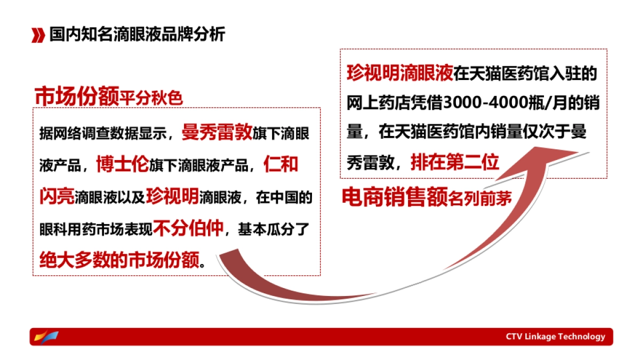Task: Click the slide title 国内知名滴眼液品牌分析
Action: [137, 35]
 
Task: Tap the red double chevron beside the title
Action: [38, 35]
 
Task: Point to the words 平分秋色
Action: [151, 99]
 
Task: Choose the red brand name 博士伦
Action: [122, 164]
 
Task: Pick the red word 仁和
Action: [281, 164]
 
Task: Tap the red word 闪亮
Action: [57, 196]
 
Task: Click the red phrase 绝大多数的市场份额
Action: [119, 260]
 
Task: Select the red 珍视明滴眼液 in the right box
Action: [399, 73]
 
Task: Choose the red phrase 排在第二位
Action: [454, 162]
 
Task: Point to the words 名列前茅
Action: [480, 199]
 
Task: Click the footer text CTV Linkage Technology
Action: [555, 337]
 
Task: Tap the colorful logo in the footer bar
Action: [46, 337]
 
